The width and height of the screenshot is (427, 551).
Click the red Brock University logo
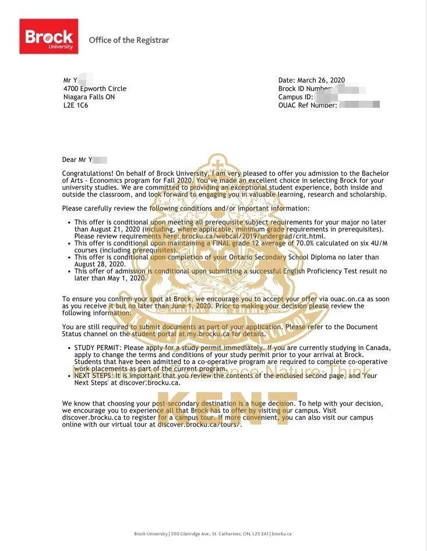48,36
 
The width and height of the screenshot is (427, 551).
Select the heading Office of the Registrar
129,40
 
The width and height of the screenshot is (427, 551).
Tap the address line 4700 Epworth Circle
94,89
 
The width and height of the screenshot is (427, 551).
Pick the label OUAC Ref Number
307,105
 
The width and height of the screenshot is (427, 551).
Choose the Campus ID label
295,97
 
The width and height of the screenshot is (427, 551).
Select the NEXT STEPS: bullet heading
93,376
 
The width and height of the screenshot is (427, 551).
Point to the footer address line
213,534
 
